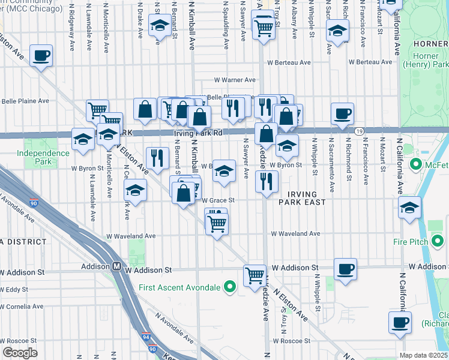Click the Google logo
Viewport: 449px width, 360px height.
point(19,353)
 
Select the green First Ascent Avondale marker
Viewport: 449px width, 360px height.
point(229,287)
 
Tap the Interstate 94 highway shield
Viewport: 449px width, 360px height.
point(147,337)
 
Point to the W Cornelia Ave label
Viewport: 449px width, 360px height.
point(22,306)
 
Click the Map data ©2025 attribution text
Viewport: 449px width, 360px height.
point(423,355)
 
